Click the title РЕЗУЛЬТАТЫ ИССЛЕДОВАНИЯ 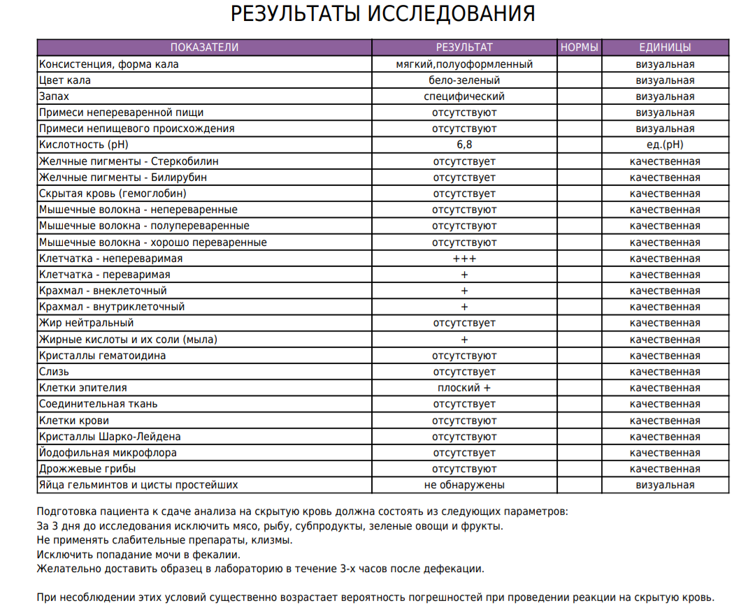383,15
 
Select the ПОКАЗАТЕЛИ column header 204,48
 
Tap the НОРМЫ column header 580,48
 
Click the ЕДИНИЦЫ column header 665,48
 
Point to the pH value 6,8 464,145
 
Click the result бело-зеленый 464,80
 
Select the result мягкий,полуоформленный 464,64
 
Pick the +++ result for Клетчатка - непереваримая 464,258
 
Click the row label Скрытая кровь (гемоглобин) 113,194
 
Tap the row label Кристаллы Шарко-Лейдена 110,437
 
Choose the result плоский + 464,388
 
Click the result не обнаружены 464,485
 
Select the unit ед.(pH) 665,145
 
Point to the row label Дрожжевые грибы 87,469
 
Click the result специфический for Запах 464,96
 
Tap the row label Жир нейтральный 86,323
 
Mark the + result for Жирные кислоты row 464,340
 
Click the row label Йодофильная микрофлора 108,453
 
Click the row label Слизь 54,372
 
